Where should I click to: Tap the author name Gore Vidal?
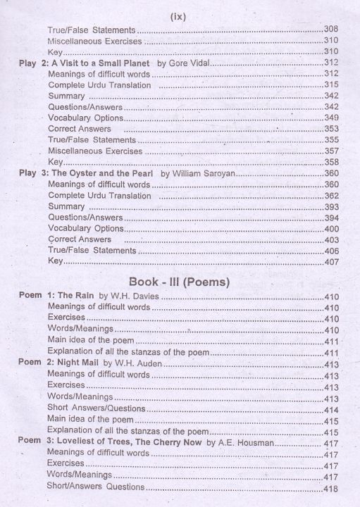click(x=186, y=63)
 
